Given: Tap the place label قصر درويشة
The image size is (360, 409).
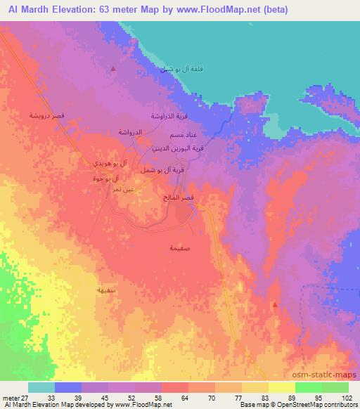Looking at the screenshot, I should [x=47, y=115].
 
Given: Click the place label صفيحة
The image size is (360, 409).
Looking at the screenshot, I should [x=180, y=248].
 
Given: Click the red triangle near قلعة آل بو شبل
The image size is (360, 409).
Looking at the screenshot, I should [x=114, y=68].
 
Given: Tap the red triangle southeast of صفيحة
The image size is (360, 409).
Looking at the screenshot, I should [x=275, y=304].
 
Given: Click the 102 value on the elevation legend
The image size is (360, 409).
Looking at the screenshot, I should [x=348, y=398].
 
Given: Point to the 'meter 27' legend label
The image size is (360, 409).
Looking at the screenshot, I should [x=16, y=398].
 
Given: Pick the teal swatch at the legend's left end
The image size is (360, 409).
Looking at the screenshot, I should [x=41, y=387].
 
